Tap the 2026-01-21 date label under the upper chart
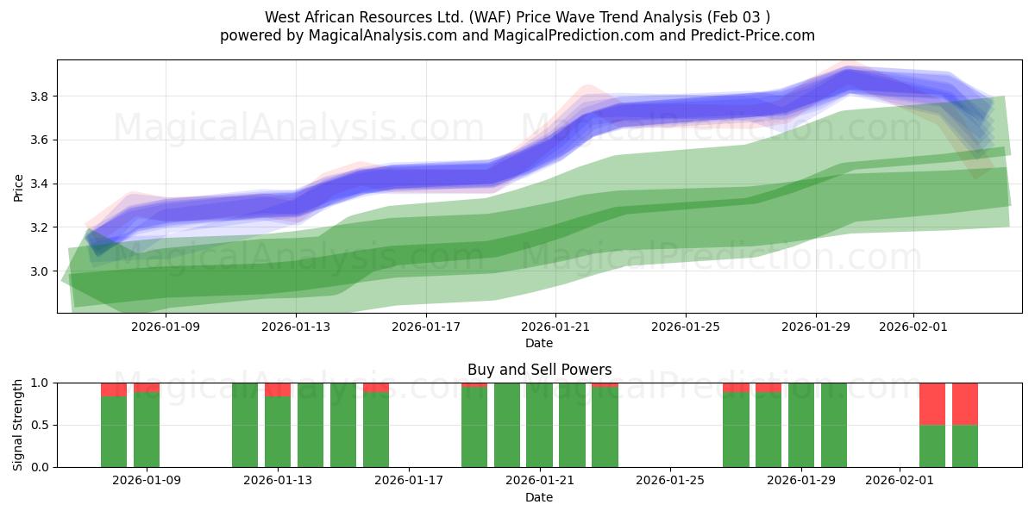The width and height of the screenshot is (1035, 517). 555,327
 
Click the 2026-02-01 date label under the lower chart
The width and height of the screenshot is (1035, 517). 900,481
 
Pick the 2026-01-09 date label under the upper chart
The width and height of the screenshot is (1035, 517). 165,327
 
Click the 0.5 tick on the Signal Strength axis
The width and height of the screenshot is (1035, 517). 40,425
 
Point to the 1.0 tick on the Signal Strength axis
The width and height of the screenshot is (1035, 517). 40,383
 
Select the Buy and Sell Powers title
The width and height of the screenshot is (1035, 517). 539,370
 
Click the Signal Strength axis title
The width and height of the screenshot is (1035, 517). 18,425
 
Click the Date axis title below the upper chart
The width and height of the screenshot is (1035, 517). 539,343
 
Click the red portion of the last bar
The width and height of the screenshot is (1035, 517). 965,403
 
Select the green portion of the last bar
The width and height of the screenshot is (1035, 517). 965,445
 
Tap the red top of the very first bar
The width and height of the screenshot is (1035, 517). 114,389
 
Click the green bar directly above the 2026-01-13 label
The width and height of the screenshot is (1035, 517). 278,431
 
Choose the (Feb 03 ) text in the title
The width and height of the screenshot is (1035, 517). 738,17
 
